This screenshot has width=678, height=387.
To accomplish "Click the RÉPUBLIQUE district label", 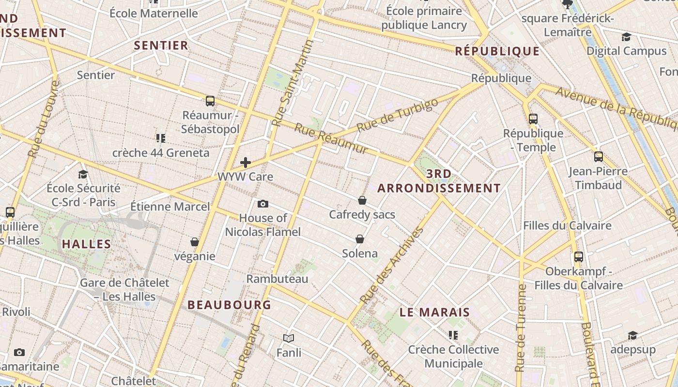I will tap(497, 51).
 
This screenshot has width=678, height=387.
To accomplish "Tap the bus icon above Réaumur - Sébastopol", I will tap(210, 101).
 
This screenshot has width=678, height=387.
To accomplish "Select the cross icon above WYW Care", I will tap(246, 162).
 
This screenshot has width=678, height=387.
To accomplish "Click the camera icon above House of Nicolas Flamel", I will tap(263, 204).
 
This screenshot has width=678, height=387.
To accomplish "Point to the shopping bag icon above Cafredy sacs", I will tap(362, 200).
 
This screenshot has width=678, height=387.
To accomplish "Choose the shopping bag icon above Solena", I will tap(360, 239).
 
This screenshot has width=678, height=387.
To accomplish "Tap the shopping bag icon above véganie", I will tap(195, 241).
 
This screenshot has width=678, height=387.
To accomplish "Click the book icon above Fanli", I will tap(289, 338).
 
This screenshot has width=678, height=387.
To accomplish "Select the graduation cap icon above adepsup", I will tap(632, 335).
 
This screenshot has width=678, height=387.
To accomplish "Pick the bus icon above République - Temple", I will tap(533, 119).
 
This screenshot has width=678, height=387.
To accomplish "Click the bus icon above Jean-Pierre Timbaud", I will tap(599, 156).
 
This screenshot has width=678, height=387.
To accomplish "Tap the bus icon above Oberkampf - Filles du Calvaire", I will tap(579, 256).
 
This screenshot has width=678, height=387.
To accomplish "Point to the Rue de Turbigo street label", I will tap(398, 115).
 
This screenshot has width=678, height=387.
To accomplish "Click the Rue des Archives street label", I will tap(392, 265).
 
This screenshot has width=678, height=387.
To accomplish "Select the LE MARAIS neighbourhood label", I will tap(435, 313).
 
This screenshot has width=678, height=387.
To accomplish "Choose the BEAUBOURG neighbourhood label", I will tap(230, 305).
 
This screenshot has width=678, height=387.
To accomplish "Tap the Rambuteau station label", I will tap(277, 279).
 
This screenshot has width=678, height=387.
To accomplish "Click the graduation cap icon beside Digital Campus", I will tap(626, 37).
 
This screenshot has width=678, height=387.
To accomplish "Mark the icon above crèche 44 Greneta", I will tap(161, 138).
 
